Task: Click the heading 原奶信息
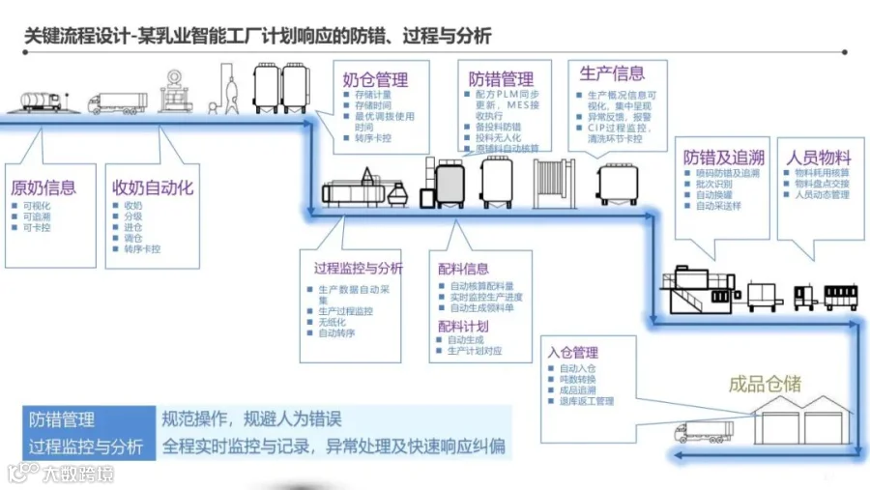point(43,187)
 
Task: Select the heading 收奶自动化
point(153,187)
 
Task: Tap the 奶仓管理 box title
point(375,80)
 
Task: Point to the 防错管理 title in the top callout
point(501,79)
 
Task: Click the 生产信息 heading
point(612,72)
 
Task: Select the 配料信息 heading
point(463,268)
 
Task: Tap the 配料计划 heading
point(463,326)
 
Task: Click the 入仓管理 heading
point(572,353)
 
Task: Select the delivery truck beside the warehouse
point(705,431)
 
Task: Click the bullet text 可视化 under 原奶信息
point(36,206)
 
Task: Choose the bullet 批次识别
point(712,183)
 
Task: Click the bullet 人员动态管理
point(822,194)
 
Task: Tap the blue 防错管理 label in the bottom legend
point(62,419)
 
